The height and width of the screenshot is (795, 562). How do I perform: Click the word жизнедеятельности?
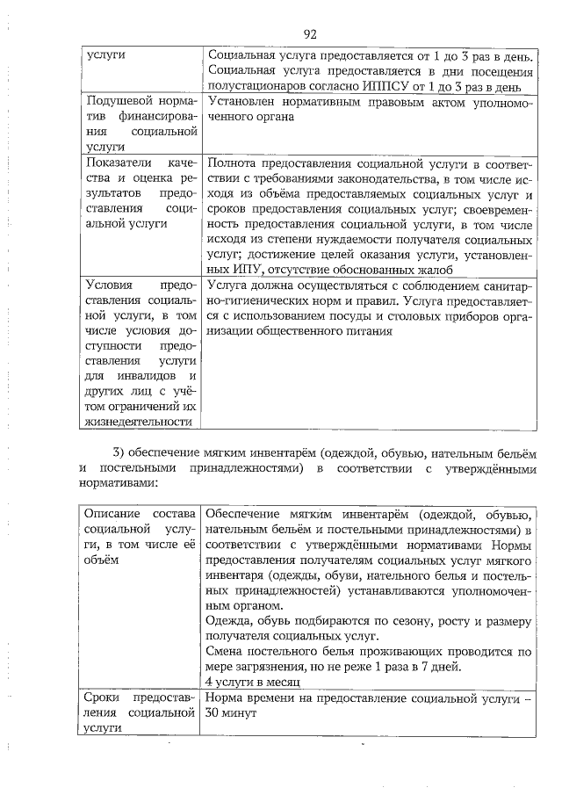[x=139, y=423]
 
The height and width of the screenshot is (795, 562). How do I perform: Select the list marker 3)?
[x=121, y=452]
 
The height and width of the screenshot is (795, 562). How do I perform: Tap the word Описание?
[x=112, y=512]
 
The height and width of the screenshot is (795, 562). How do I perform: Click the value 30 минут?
[x=230, y=713]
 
